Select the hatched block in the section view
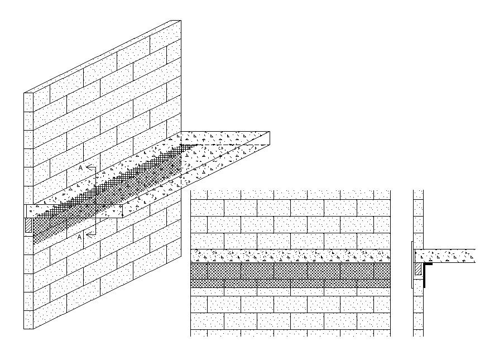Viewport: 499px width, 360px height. click(418, 271)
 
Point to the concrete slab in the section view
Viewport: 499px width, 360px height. click(447, 256)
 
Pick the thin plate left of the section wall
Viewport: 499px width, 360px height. click(412, 265)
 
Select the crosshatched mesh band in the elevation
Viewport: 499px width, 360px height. click(290, 275)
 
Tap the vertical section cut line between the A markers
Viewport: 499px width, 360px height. click(94, 201)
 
